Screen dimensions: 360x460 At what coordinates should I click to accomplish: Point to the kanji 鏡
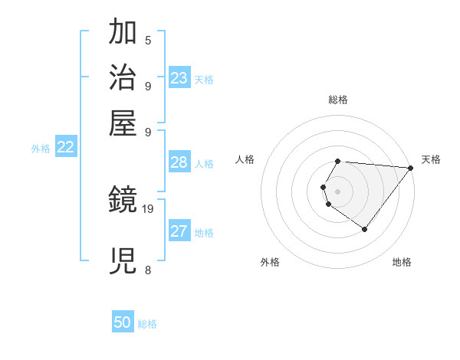[123, 201]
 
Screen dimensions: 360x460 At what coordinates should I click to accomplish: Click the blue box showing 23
[179, 78]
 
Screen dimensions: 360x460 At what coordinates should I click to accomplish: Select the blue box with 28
[179, 162]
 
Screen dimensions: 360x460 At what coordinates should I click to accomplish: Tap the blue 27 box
[179, 231]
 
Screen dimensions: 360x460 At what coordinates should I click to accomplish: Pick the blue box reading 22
[66, 148]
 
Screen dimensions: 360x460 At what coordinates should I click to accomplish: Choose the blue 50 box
[123, 323]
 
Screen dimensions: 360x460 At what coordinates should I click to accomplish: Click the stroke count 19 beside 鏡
[148, 208]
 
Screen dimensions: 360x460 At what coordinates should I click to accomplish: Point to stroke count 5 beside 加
[148, 40]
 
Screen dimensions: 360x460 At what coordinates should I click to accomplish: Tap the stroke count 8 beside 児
[148, 270]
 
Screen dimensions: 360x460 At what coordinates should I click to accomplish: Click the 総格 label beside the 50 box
[147, 324]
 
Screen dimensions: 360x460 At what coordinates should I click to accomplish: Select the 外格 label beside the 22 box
[41, 149]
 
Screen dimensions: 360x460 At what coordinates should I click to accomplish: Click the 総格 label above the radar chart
[338, 100]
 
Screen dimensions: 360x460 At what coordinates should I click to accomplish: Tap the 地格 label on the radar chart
[402, 262]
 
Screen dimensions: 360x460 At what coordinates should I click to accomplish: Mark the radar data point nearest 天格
[411, 169]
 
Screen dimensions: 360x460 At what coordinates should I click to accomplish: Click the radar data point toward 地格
[365, 229]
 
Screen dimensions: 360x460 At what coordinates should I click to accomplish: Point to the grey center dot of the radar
[338, 191]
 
